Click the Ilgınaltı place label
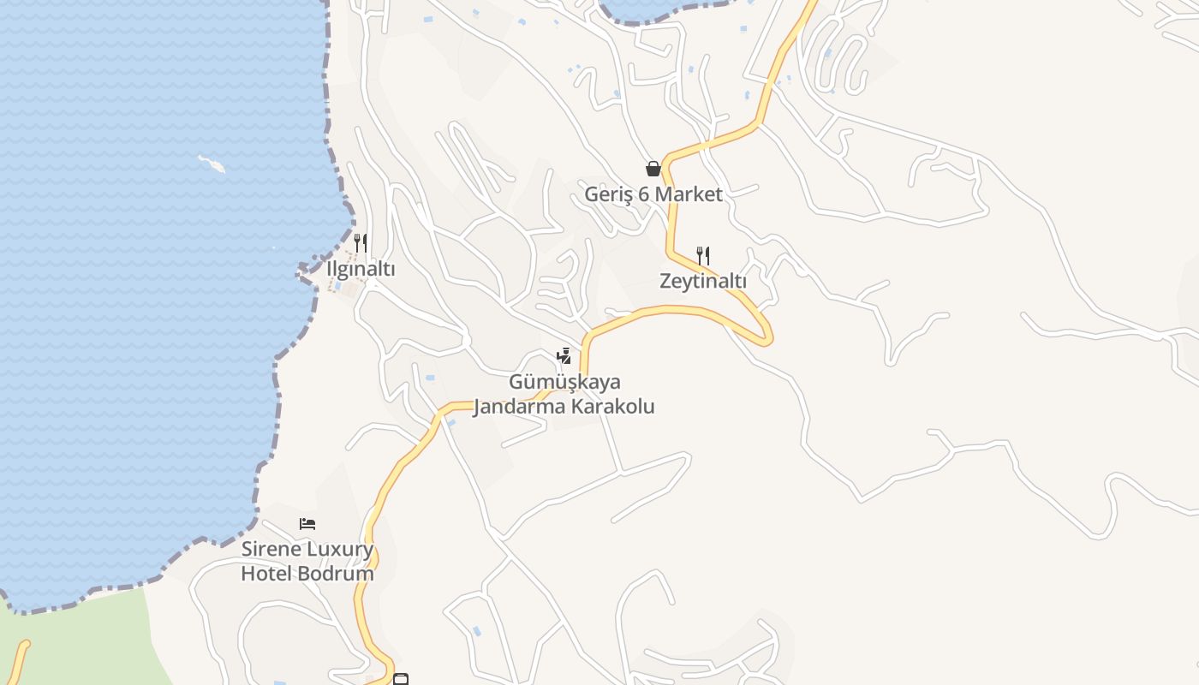(x=361, y=269)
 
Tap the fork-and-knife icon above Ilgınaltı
(x=361, y=243)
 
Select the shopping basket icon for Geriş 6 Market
(x=653, y=169)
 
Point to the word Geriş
(x=608, y=194)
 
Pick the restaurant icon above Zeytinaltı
(x=703, y=255)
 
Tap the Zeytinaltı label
(x=703, y=281)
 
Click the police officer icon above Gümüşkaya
(x=564, y=356)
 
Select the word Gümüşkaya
(x=564, y=382)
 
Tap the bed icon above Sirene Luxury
(x=307, y=523)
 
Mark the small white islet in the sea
(x=212, y=164)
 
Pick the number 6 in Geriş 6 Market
(x=644, y=194)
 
